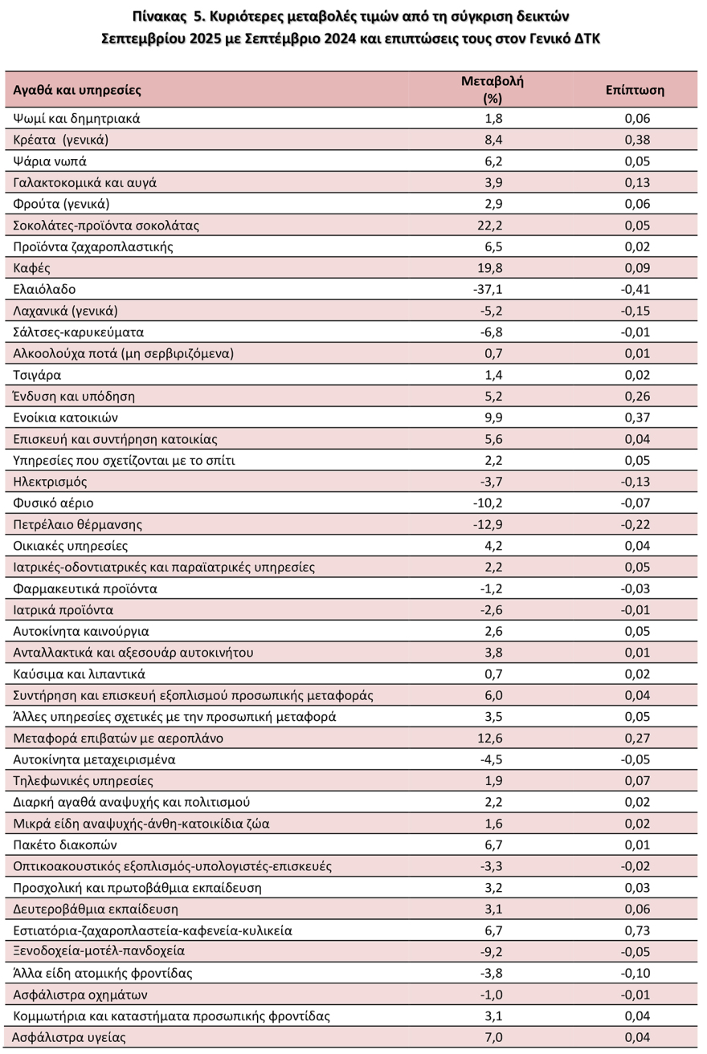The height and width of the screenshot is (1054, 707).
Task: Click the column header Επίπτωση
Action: tap(635, 90)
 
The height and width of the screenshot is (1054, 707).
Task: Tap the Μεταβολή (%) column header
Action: tap(492, 90)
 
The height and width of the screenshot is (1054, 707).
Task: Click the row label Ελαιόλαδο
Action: tap(45, 289)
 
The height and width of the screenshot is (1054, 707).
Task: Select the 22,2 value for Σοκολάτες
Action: tap(492, 226)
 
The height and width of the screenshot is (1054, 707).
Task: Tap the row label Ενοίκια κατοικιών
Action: tap(66, 417)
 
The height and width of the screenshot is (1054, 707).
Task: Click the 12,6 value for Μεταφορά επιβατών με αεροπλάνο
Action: tap(492, 738)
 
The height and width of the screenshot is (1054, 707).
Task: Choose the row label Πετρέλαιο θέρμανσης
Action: tap(78, 524)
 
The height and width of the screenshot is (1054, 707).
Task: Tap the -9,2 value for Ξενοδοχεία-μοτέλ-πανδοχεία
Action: tap(491, 951)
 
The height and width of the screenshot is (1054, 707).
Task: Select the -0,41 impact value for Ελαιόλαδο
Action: tap(635, 289)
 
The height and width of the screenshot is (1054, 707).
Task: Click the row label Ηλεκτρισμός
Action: tap(51, 482)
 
